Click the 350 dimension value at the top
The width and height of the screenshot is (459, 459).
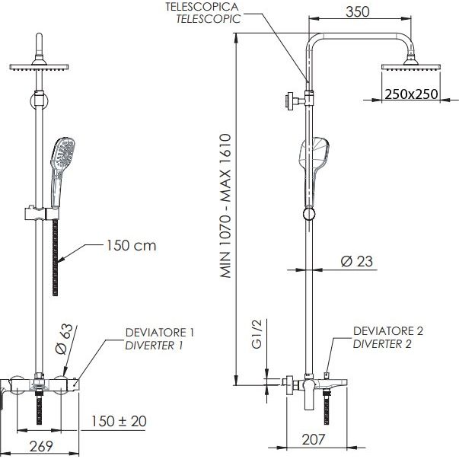click(357, 12)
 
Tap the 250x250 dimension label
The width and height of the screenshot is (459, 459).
click(411, 94)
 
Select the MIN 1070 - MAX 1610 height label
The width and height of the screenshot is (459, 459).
click(226, 206)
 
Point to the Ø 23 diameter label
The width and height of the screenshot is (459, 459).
click(356, 261)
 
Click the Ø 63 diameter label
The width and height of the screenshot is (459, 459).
click(64, 339)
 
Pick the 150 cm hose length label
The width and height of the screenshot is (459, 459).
click(131, 245)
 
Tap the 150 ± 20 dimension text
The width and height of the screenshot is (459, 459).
click(119, 421)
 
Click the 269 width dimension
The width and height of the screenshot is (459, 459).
click(41, 446)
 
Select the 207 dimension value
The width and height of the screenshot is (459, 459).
click(314, 439)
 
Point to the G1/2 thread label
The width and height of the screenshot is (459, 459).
click(257, 333)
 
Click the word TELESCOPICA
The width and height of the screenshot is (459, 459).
click(202, 7)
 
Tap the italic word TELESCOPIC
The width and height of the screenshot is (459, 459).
click(208, 19)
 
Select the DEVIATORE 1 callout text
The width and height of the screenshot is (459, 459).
click(160, 333)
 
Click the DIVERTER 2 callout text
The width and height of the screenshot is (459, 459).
click(382, 344)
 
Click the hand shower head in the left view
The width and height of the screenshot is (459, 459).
click(62, 155)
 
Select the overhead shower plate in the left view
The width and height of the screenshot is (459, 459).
click(39, 67)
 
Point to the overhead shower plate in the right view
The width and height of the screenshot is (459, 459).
click(411, 67)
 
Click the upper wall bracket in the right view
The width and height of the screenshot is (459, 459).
click(298, 101)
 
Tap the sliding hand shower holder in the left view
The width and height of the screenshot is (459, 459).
click(42, 213)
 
